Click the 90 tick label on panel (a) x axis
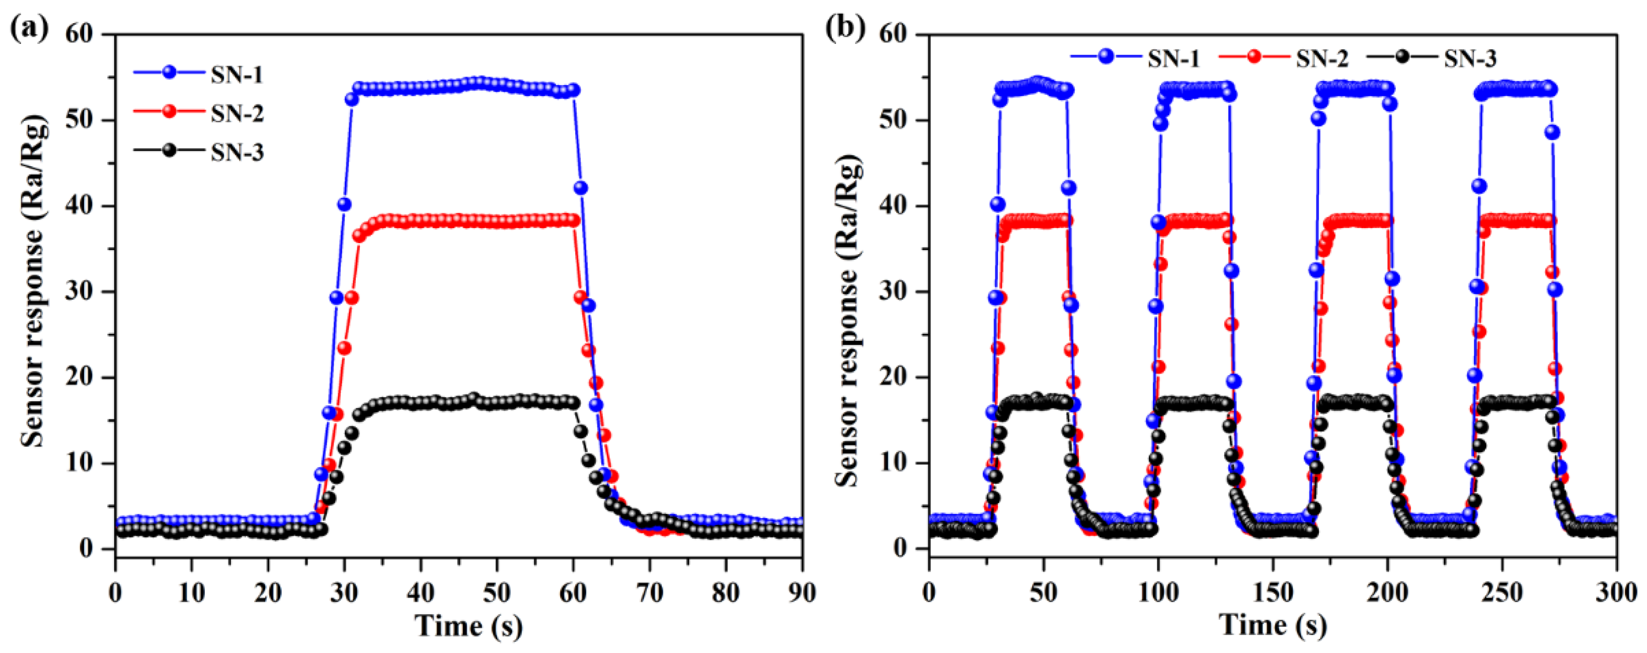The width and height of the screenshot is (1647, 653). coord(802,593)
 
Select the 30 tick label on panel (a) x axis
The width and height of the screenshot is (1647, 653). coord(344,593)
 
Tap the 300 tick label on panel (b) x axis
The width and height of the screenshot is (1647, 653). coord(1616,593)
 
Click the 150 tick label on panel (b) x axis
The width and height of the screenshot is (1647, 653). coord(1272,593)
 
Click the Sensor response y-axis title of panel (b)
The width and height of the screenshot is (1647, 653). coord(848,320)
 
